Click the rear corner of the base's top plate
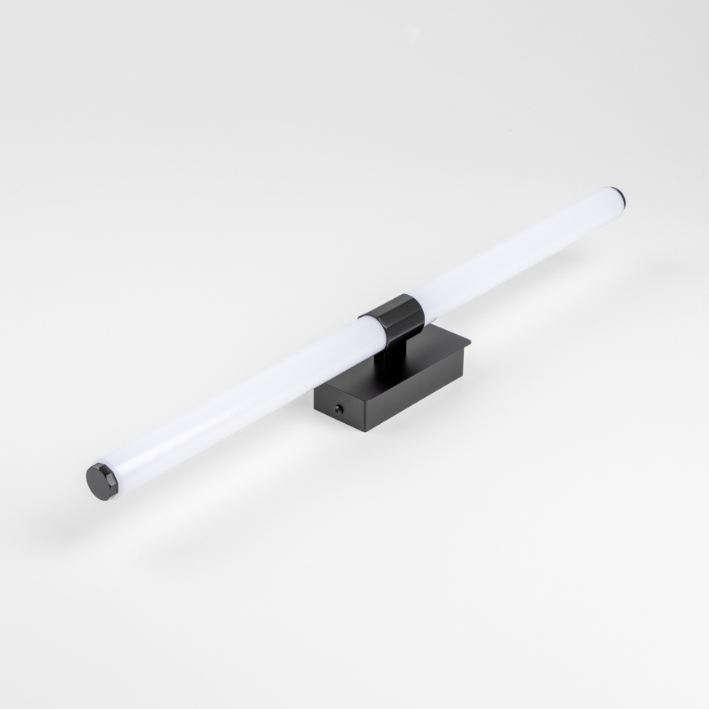pyautogui.click(x=441, y=325)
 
